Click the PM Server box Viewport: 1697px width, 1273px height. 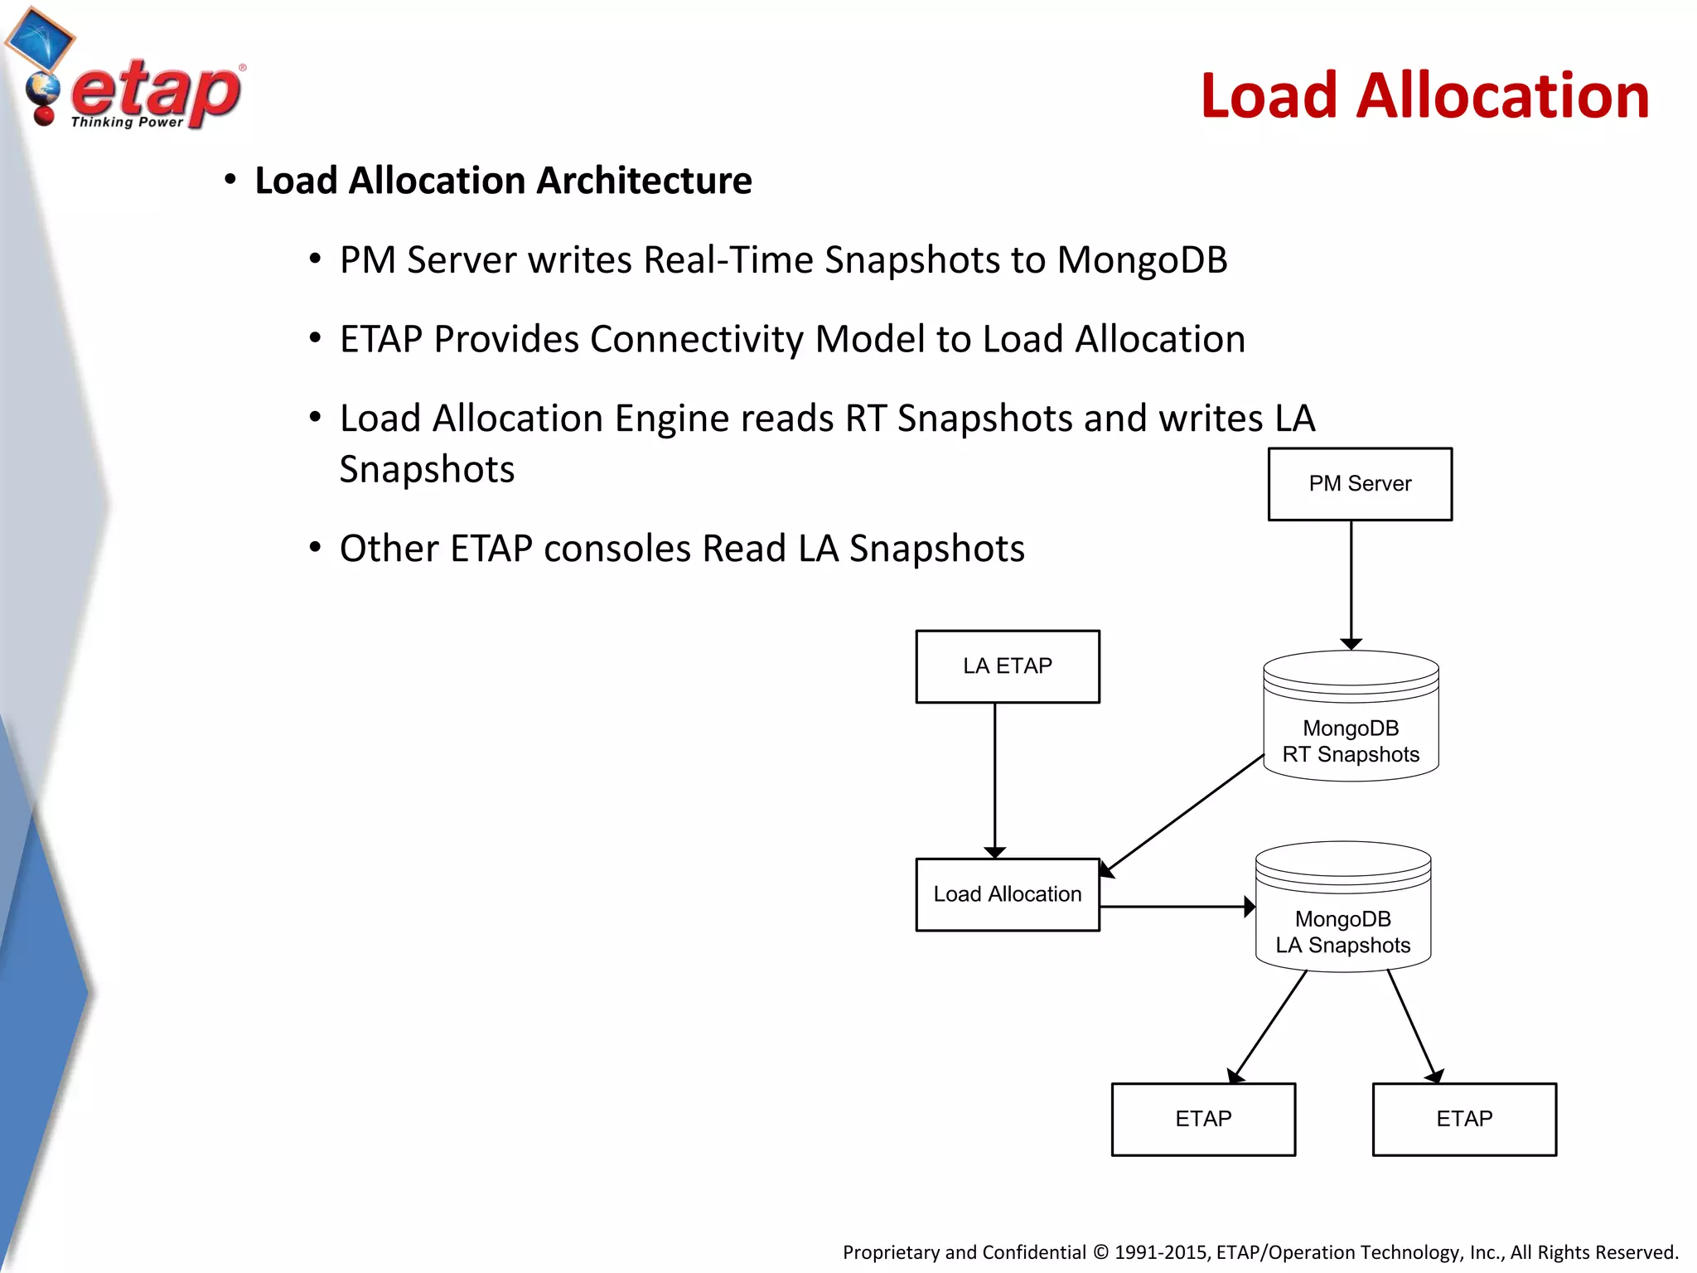pyautogui.click(x=1360, y=484)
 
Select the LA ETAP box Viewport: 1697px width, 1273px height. pyautogui.click(x=1008, y=666)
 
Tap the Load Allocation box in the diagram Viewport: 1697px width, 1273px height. pyautogui.click(x=1008, y=894)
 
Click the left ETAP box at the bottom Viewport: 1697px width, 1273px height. pyautogui.click(x=1203, y=1119)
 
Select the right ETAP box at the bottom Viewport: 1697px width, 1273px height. pyautogui.click(x=1464, y=1119)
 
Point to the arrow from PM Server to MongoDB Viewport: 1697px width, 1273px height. pyautogui.click(x=1351, y=584)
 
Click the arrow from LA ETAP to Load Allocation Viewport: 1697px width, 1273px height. pyautogui.click(x=994, y=779)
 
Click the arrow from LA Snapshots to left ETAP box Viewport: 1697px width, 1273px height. pyautogui.click(x=1269, y=1026)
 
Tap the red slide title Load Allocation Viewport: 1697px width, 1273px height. pyautogui.click(x=1424, y=96)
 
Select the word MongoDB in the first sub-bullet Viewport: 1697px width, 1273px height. pyautogui.click(x=1142, y=260)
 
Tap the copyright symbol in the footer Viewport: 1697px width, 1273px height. pyautogui.click(x=1100, y=1252)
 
